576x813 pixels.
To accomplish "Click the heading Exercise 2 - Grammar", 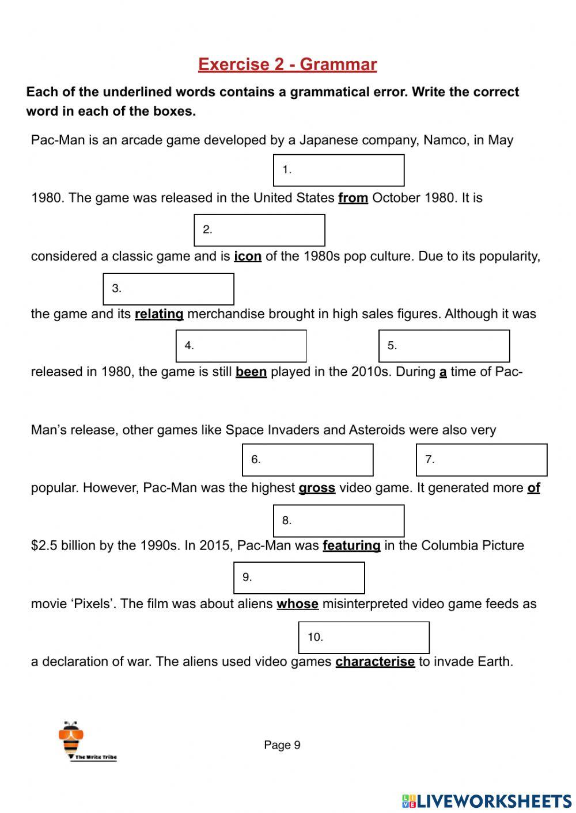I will (x=287, y=64).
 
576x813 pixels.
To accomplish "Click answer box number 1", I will (x=339, y=170).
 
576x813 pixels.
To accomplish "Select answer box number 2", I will (x=259, y=230).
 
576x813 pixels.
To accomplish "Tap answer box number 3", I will (x=168, y=289).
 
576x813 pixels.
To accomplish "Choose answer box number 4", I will (x=241, y=346).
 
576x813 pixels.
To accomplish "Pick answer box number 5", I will (x=444, y=346).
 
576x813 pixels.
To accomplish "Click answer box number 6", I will (x=308, y=460).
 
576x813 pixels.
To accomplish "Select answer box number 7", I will (x=482, y=460).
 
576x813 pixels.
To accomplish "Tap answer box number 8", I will (x=339, y=521).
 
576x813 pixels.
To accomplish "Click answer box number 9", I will (x=299, y=578).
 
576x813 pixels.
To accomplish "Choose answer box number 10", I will (x=363, y=638).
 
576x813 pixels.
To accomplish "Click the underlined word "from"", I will (x=353, y=198).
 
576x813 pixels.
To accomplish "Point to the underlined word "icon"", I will (x=248, y=257).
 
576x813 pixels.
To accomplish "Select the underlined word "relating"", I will (x=159, y=314).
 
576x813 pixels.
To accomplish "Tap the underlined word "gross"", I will (x=317, y=488).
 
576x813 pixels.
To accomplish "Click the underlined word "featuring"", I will (x=351, y=545).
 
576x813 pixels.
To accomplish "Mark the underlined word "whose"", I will (x=297, y=604).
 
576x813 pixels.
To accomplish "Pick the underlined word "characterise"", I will (x=375, y=662).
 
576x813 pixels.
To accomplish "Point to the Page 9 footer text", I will (x=282, y=745).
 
